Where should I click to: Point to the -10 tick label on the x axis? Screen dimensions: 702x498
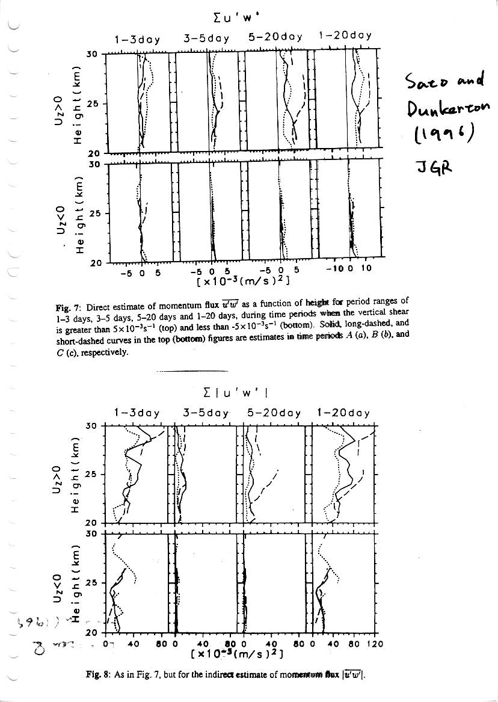337,269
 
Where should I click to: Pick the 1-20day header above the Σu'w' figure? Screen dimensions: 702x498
345,35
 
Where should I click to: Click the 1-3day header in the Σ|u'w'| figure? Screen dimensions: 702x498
137,413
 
